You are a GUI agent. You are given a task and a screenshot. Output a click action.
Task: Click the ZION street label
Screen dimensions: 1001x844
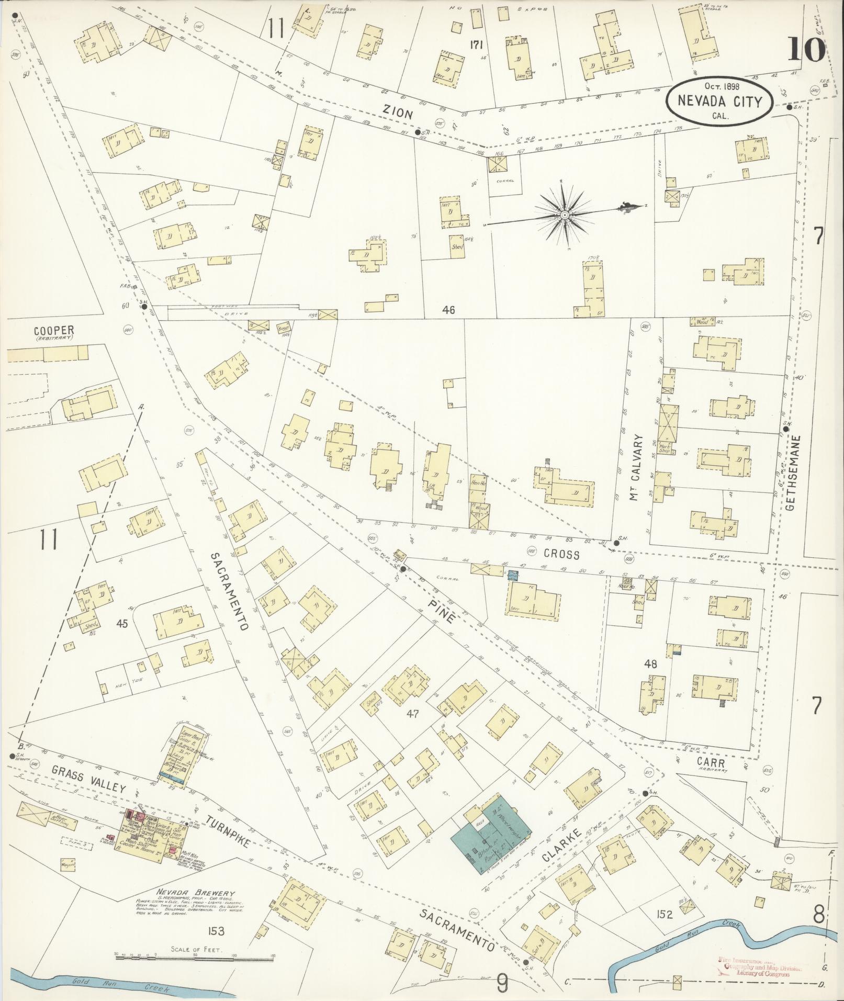398,114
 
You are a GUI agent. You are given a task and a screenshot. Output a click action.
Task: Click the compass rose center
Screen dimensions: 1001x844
565,216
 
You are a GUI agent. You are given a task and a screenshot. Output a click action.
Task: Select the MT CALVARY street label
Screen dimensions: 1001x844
636,467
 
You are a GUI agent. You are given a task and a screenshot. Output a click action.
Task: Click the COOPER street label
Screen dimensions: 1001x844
54,331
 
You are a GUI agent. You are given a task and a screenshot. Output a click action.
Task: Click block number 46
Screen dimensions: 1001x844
448,310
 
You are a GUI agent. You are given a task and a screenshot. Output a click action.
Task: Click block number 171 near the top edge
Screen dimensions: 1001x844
475,45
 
